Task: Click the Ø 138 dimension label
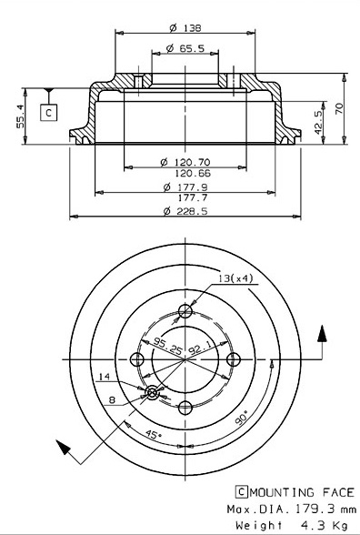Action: (x=185, y=27)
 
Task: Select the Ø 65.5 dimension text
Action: (x=185, y=49)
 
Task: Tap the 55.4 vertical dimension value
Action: (x=20, y=116)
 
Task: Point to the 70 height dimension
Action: (x=340, y=108)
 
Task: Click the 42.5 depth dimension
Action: (x=318, y=122)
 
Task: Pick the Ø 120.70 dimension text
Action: (x=185, y=162)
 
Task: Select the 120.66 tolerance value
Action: (x=193, y=173)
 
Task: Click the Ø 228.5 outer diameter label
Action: (x=185, y=211)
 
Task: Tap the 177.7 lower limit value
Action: (x=193, y=197)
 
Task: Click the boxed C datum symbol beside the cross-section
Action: (x=48, y=113)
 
